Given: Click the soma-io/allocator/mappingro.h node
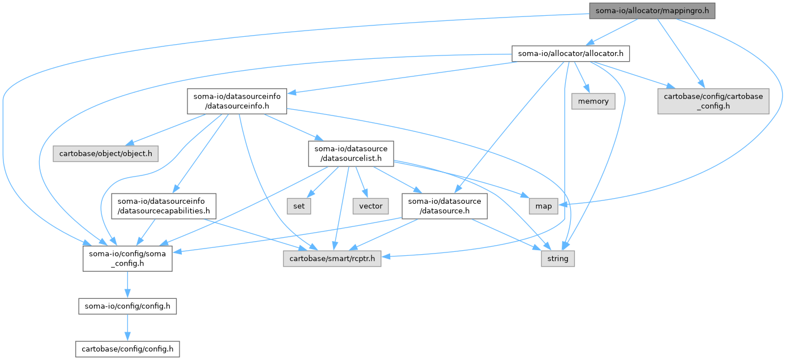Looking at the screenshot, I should [x=652, y=11].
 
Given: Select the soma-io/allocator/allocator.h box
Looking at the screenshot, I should [x=570, y=54].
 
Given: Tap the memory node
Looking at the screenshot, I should [x=593, y=101].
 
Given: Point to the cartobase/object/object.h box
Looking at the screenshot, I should [x=106, y=153].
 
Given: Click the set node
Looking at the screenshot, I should [x=299, y=206].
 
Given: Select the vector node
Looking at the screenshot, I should [x=371, y=206].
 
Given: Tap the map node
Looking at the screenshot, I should [x=544, y=206].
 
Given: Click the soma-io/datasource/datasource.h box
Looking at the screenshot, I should [x=445, y=206].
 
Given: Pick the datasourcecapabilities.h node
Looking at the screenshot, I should [x=164, y=206].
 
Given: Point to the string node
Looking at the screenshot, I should [x=558, y=259].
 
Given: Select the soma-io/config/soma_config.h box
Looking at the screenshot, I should [x=127, y=259].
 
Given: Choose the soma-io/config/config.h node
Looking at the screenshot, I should [x=127, y=306].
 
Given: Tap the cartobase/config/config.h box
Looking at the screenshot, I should [x=127, y=348].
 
